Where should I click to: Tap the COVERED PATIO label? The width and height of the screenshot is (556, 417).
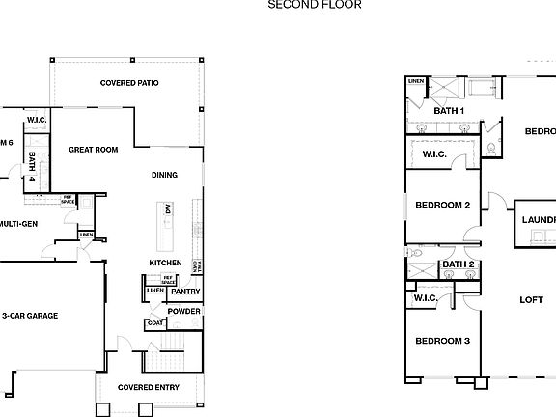click(x=129, y=83)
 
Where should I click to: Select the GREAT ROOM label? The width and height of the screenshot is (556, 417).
click(x=93, y=150)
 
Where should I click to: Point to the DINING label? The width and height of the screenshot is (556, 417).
click(x=164, y=175)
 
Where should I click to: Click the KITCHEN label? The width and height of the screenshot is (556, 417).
click(x=165, y=263)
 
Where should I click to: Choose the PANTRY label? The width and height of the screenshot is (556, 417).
click(x=185, y=291)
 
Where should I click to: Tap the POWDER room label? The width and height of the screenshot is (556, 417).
click(x=183, y=311)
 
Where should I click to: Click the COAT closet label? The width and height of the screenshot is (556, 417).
click(x=154, y=324)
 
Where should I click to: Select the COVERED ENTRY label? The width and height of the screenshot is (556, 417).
click(x=149, y=387)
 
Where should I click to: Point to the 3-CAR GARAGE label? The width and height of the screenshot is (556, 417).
click(x=30, y=316)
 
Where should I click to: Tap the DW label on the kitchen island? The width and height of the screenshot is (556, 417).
click(x=168, y=208)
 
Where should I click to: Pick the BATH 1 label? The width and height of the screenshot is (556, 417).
click(x=449, y=111)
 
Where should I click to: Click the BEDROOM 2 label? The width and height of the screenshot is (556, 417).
click(x=442, y=205)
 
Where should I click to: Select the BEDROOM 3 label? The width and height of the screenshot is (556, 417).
click(x=442, y=341)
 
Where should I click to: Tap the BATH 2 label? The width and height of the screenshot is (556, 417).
click(x=458, y=264)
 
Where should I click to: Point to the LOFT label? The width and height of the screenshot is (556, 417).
click(x=532, y=299)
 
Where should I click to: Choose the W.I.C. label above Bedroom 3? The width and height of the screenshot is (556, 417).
click(x=426, y=298)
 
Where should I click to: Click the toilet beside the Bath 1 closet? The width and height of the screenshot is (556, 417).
click(x=491, y=149)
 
